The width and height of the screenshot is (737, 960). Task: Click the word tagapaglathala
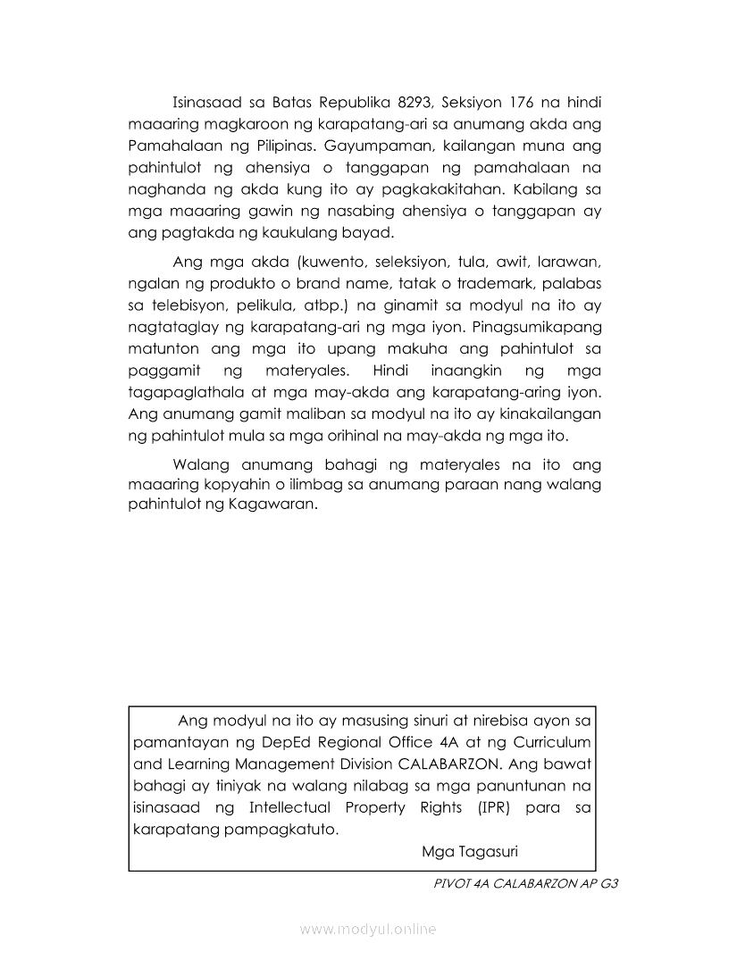[182, 393]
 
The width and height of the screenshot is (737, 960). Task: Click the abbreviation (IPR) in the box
[487, 807]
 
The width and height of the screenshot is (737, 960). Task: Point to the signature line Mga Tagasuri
[469, 851]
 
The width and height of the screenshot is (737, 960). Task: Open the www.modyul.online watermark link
[368, 930]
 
